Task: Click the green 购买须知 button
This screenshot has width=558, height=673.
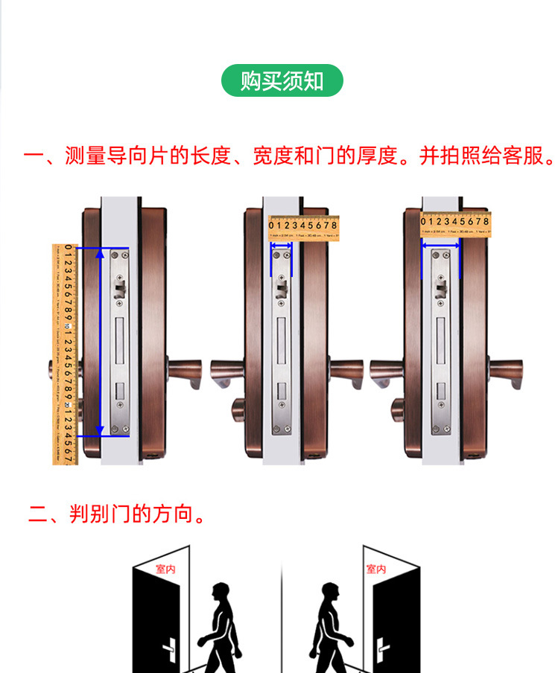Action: [x=282, y=80]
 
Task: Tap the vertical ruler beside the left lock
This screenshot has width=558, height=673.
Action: [x=65, y=353]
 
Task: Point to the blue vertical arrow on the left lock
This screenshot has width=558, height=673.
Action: [x=101, y=342]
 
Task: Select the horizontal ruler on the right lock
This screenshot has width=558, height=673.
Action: [x=457, y=223]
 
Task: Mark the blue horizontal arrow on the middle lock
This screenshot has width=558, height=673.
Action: [x=282, y=245]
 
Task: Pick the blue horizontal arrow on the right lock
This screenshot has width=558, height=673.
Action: [x=440, y=243]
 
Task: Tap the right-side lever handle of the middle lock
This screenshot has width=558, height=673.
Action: [x=346, y=371]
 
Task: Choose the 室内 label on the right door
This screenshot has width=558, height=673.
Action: [x=376, y=569]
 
